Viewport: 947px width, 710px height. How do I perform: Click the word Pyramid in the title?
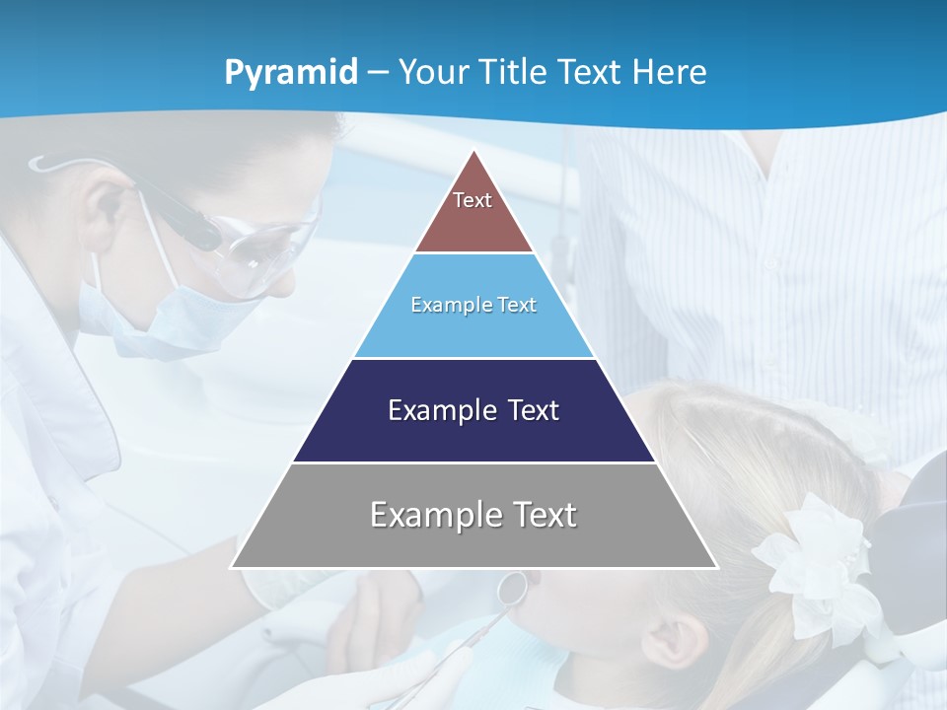pyautogui.click(x=291, y=73)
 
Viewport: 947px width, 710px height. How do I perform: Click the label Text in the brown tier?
pyautogui.click(x=472, y=200)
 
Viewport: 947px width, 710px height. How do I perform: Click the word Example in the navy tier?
pyautogui.click(x=431, y=410)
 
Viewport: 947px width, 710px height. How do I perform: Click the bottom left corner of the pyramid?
pyautogui.click(x=232, y=567)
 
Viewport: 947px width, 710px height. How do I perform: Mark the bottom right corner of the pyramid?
pyautogui.click(x=716, y=567)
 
